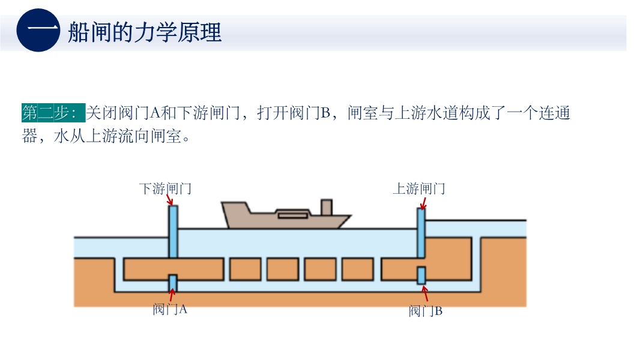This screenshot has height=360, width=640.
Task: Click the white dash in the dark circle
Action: (x=38, y=31)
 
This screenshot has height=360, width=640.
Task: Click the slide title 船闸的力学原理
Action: (x=145, y=32)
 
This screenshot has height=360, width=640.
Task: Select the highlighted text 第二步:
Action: (x=53, y=113)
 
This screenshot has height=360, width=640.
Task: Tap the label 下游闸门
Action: (x=165, y=189)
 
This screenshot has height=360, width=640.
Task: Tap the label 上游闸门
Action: (x=418, y=189)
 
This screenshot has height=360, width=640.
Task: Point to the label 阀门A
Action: (x=170, y=310)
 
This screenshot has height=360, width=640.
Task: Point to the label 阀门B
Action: (x=425, y=311)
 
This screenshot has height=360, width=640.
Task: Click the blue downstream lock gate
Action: (x=173, y=232)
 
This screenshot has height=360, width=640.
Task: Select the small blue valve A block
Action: (x=173, y=282)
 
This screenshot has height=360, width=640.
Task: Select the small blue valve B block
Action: (x=421, y=275)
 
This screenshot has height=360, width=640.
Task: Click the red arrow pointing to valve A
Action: (x=172, y=295)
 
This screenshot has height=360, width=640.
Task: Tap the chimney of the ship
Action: (x=327, y=208)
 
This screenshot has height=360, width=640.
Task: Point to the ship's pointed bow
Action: (x=348, y=218)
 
